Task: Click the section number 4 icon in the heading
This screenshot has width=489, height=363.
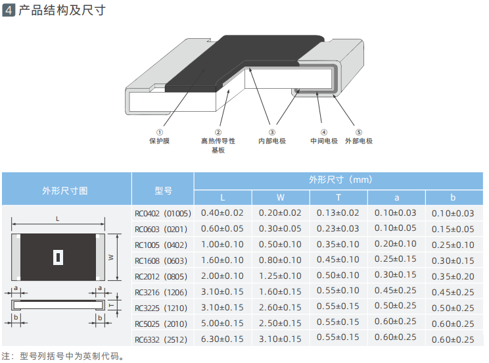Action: (9, 11)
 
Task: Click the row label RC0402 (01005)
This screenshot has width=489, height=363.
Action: (162, 213)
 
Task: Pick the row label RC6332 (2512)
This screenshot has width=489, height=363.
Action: (162, 339)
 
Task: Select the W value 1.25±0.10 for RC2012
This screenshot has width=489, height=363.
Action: (280, 276)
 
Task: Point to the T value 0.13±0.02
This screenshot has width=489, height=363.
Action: (338, 213)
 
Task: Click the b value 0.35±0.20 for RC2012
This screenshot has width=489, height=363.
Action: (454, 277)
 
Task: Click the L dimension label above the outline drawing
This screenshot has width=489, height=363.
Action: (58, 218)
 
